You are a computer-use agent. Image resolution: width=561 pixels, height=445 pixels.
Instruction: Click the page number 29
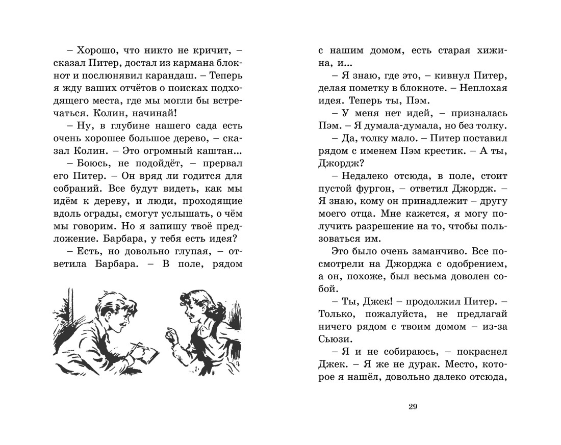tap(414, 406)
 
